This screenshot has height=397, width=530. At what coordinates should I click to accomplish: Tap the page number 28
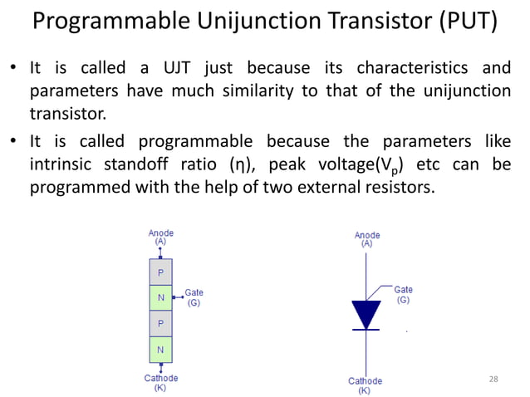point(493,379)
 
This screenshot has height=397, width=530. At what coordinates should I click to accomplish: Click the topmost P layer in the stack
point(160,272)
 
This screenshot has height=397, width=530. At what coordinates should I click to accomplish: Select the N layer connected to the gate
point(160,297)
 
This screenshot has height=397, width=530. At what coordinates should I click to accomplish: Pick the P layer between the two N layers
point(160,323)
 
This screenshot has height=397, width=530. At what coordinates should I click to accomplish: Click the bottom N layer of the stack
point(160,349)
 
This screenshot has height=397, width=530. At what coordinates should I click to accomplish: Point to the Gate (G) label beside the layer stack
point(194,298)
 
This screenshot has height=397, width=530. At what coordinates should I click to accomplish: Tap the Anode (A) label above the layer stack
point(160,237)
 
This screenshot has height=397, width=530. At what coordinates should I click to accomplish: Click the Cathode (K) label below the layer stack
point(160,383)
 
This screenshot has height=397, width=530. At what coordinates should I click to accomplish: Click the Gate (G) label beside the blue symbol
point(403,294)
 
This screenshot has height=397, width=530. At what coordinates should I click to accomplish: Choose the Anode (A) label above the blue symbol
point(366,239)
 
